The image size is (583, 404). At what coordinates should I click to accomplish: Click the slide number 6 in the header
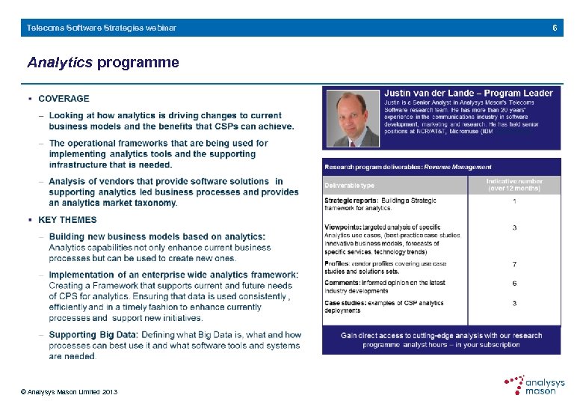pyautogui.click(x=555, y=28)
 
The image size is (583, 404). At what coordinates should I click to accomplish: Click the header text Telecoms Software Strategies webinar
pyautogui.click(x=102, y=28)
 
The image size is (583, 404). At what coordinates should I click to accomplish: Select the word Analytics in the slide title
pyautogui.click(x=60, y=63)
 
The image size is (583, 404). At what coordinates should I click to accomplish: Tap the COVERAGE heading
pyautogui.click(x=64, y=98)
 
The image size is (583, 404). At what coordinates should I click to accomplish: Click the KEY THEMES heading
pyautogui.click(x=67, y=220)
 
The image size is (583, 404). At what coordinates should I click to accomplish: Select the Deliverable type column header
pyautogui.click(x=349, y=186)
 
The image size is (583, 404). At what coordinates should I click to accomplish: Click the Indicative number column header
pyautogui.click(x=513, y=185)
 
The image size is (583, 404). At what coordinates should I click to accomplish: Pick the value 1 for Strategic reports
pyautogui.click(x=514, y=201)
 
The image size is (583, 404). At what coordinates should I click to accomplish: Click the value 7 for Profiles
pyautogui.click(x=514, y=264)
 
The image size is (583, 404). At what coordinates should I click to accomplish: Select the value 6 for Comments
pyautogui.click(x=514, y=284)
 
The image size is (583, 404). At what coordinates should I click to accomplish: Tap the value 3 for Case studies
pyautogui.click(x=514, y=303)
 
